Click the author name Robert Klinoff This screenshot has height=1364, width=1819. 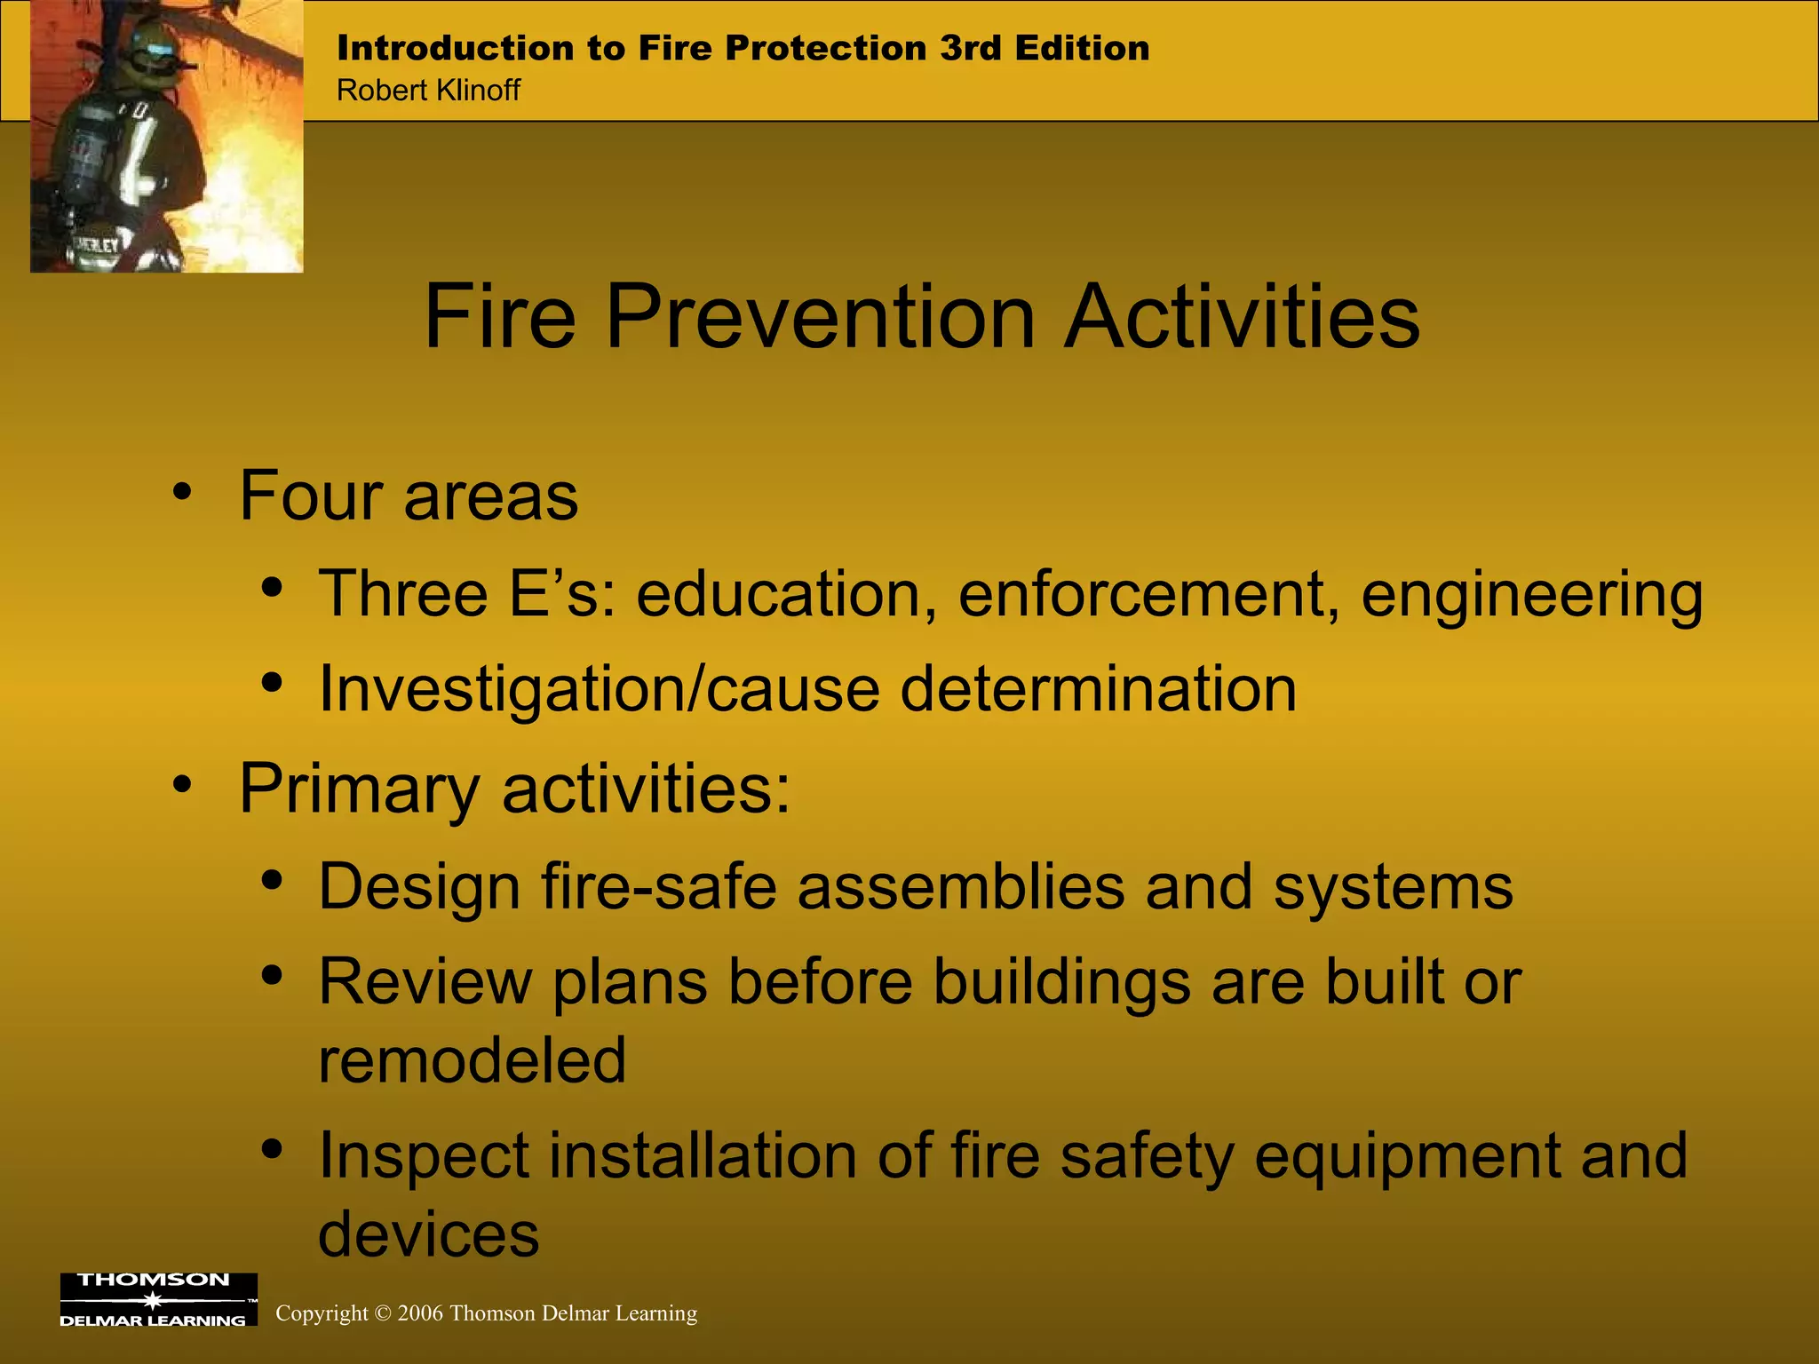tap(428, 91)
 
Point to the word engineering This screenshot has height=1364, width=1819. tap(1532, 595)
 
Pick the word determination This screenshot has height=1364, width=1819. tap(1099, 689)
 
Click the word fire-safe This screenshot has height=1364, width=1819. tap(658, 886)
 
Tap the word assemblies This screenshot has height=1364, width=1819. tap(960, 886)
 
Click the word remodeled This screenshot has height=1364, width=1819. tap(472, 1060)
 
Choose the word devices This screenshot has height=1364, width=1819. tap(428, 1234)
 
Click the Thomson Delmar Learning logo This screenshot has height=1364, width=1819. tap(158, 1300)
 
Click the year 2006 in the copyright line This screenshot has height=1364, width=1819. tap(420, 1313)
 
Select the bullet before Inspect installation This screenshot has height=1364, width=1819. tap(272, 1149)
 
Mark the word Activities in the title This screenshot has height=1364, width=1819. tap(1242, 317)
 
